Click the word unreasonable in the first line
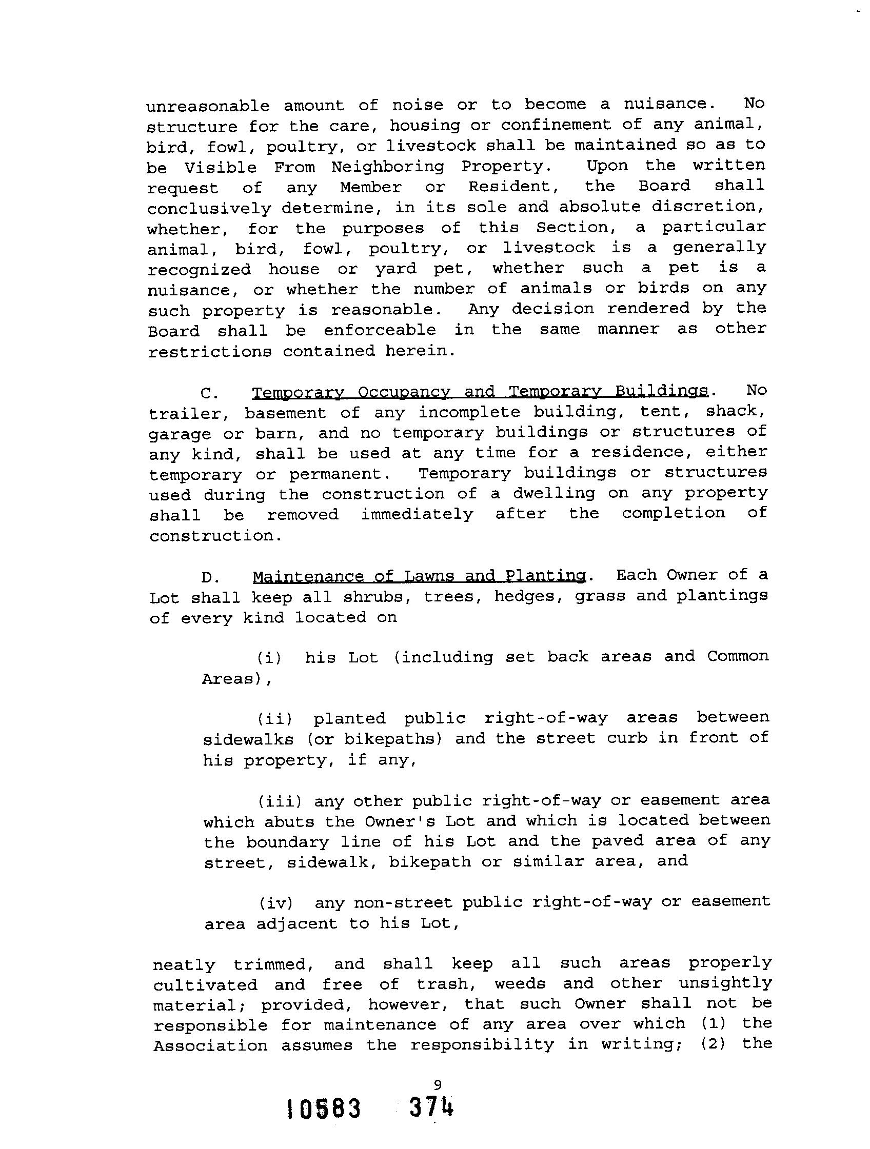click(x=208, y=107)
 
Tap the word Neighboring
click(x=388, y=167)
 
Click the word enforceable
click(x=380, y=330)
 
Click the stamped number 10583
click(x=323, y=1110)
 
